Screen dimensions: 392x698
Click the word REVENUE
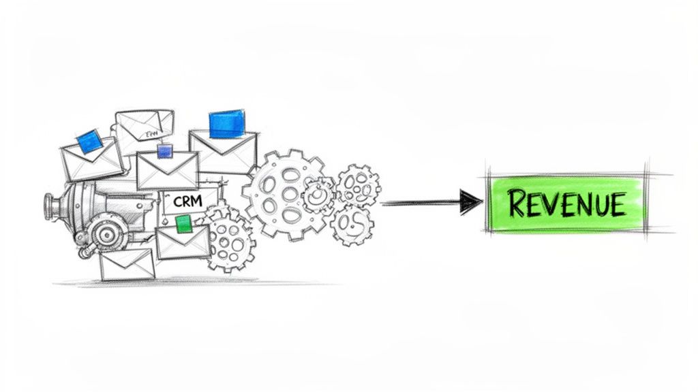566,203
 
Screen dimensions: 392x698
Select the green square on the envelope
183,223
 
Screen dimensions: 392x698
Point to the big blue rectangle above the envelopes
226,122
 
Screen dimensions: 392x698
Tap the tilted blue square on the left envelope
89,142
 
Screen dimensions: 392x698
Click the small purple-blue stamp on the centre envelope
164,151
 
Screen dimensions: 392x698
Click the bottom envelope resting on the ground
127,264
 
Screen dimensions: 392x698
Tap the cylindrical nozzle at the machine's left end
52,203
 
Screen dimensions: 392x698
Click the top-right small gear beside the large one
356,182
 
